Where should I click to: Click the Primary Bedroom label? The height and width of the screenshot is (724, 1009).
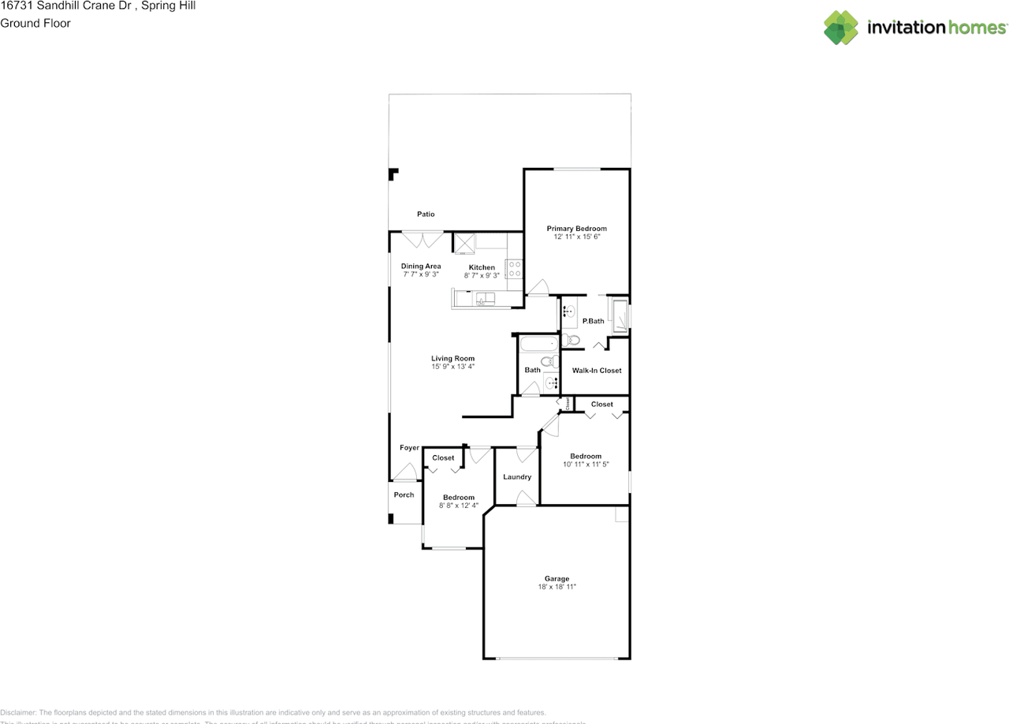[577, 229]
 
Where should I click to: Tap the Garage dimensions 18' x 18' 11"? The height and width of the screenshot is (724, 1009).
[557, 587]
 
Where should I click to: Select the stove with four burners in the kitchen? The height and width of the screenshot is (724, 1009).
[515, 269]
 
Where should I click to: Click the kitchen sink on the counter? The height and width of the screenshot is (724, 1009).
[485, 299]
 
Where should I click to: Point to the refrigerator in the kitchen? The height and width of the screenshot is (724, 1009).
[464, 242]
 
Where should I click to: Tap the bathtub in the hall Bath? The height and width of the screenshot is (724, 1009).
[538, 345]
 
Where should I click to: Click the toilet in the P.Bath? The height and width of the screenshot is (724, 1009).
[574, 341]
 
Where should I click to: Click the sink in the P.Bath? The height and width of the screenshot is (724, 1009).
[569, 312]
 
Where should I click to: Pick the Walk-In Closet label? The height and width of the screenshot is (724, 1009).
[597, 371]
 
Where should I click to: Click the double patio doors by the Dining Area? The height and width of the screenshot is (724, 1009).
[422, 239]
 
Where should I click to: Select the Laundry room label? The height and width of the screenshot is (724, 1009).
[517, 477]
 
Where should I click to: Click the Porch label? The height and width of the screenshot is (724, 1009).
[404, 495]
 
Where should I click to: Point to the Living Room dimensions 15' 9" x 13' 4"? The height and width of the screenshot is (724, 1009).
[452, 367]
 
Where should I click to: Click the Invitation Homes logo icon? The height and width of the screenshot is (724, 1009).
[841, 28]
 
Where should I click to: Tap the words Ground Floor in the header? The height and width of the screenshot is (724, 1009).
[35, 24]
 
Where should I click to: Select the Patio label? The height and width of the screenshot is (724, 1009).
[426, 215]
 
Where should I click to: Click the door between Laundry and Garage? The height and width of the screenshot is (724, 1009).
[522, 498]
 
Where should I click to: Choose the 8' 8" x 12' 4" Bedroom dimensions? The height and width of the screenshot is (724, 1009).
[459, 506]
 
